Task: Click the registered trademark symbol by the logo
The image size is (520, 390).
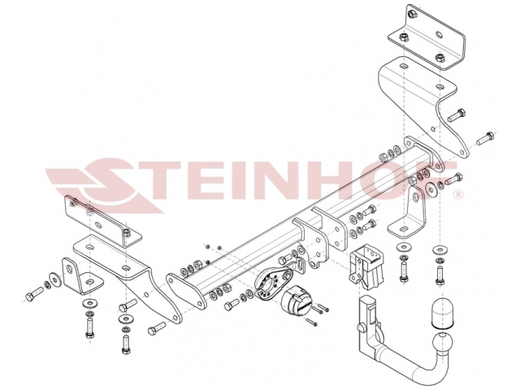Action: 458,194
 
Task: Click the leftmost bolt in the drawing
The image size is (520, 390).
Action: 34,293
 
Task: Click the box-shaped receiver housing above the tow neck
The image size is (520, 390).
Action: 366,266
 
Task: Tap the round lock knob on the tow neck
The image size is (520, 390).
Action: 361,327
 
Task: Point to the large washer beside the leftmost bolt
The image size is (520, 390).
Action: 54,279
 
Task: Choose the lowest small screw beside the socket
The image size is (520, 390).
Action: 311,322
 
